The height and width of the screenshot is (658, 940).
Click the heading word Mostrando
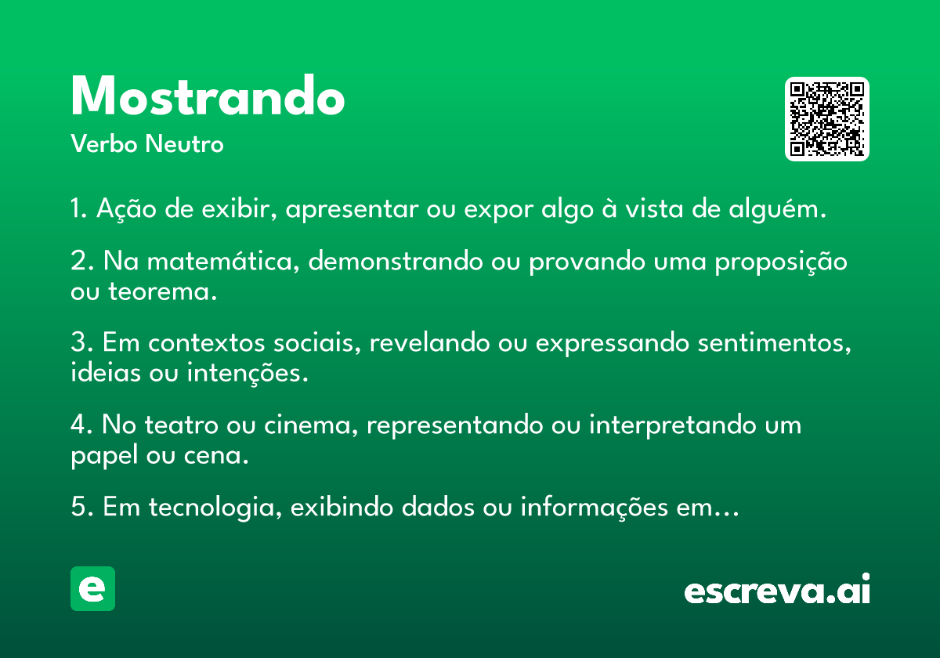pyautogui.click(x=208, y=95)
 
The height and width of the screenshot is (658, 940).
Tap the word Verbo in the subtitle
pyautogui.click(x=104, y=143)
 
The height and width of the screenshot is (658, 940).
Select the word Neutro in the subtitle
pyautogui.click(x=184, y=143)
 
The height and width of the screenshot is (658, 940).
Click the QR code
pyautogui.click(x=826, y=119)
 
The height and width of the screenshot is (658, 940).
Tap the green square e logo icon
pyautogui.click(x=92, y=588)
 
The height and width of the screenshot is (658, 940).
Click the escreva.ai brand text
pyautogui.click(x=777, y=589)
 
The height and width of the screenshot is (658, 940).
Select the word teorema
pyautogui.click(x=162, y=291)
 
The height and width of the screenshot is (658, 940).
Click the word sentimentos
pyautogui.click(x=774, y=343)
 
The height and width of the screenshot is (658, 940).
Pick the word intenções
pyautogui.click(x=248, y=373)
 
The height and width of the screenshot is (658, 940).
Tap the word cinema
pyautogui.click(x=311, y=425)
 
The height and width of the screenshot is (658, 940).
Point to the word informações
pyautogui.click(x=595, y=507)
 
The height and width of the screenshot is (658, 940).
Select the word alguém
pyautogui.click(x=777, y=209)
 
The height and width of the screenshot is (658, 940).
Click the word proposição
pyautogui.click(x=781, y=262)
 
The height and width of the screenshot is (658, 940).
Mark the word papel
pyautogui.click(x=104, y=456)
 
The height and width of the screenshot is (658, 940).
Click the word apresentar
pyautogui.click(x=352, y=209)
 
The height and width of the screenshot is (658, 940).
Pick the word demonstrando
pyautogui.click(x=396, y=261)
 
